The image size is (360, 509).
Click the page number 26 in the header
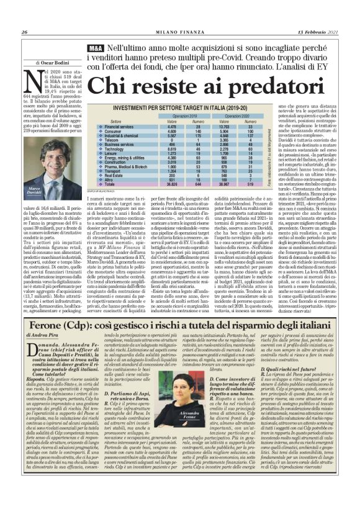[24, 15]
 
